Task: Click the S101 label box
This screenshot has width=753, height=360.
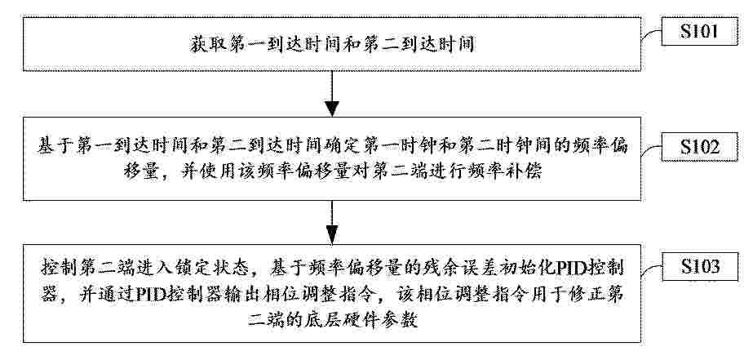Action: pyautogui.click(x=699, y=31)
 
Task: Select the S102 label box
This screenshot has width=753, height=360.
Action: pyautogui.click(x=699, y=147)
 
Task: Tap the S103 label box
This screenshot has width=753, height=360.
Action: pyautogui.click(x=699, y=266)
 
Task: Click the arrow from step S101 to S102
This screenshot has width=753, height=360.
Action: pyautogui.click(x=332, y=94)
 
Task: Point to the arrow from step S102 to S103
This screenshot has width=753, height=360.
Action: pyautogui.click(x=332, y=223)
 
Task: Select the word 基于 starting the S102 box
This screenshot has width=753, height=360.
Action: pyautogui.click(x=52, y=146)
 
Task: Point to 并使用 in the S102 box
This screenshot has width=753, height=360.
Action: pyautogui.click(x=206, y=172)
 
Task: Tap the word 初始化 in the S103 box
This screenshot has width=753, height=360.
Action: pyautogui.click(x=521, y=267)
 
